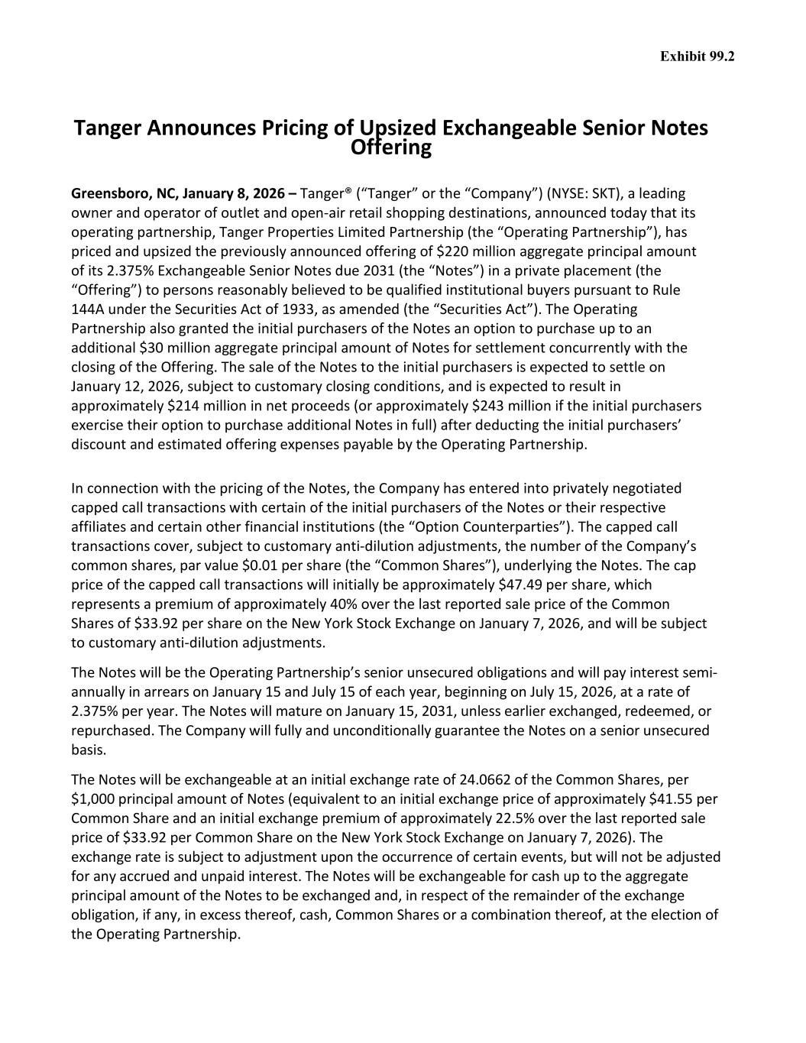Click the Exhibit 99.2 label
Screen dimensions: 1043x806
click(697, 57)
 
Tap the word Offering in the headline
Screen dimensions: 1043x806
click(390, 147)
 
